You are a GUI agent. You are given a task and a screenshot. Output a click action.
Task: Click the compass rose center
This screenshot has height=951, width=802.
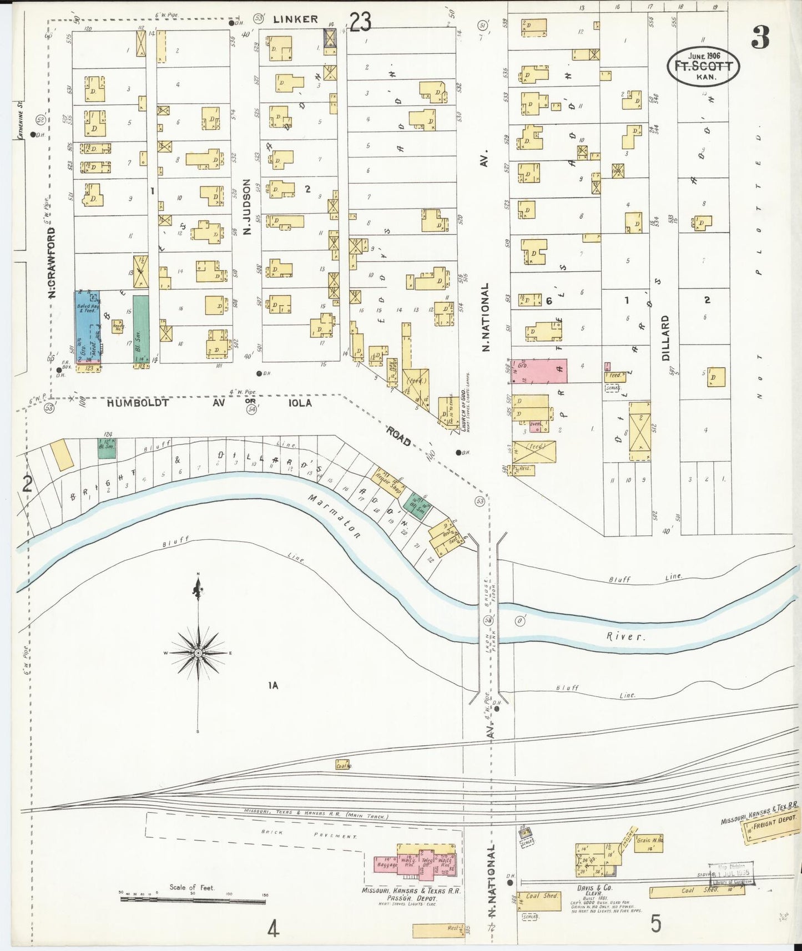198,653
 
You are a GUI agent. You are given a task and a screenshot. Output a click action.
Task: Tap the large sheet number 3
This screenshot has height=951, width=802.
760,37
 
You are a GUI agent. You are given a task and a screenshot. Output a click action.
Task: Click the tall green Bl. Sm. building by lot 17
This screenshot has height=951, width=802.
141,328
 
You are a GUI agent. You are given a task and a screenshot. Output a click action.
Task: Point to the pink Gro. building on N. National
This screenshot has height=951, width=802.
539,371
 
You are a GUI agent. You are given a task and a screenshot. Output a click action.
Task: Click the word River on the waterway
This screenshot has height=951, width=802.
626,636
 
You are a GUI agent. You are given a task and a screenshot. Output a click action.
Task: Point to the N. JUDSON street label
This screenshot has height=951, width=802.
248,206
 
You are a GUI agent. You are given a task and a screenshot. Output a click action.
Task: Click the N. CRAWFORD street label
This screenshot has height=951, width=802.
53,261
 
